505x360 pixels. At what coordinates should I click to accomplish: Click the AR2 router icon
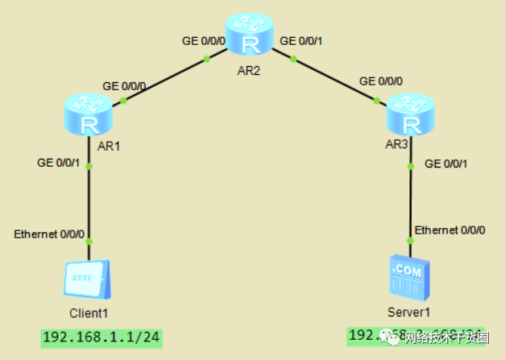(x=249, y=35)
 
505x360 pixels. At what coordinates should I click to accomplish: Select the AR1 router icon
(x=89, y=115)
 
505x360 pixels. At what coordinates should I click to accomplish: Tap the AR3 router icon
(x=411, y=115)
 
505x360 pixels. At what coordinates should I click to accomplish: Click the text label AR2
(x=249, y=70)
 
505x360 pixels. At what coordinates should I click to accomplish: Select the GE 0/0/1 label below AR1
(x=58, y=162)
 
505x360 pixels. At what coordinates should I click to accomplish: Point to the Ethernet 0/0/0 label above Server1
(x=449, y=230)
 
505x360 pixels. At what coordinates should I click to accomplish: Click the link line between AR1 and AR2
(x=165, y=79)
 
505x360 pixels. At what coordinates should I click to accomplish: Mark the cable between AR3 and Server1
(x=411, y=201)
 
